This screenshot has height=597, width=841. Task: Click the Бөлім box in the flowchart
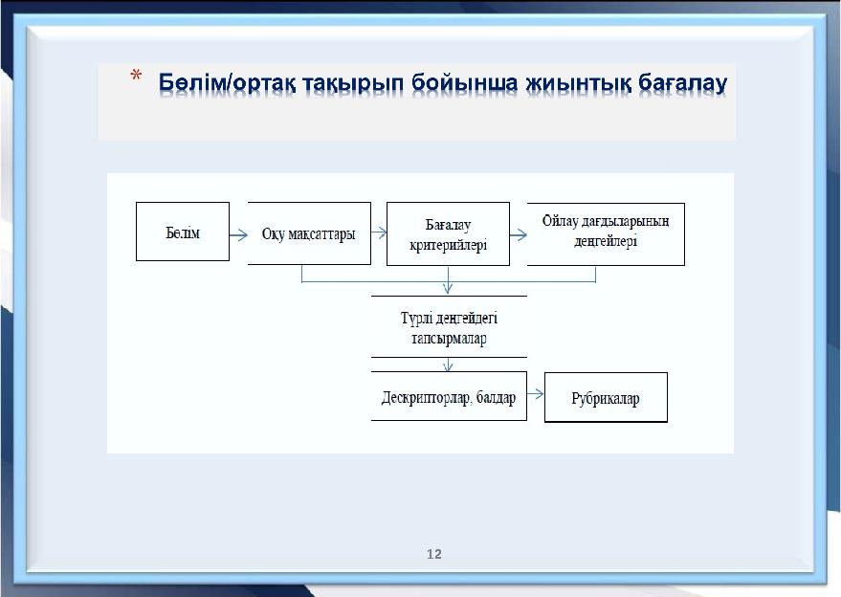pyautogui.click(x=183, y=232)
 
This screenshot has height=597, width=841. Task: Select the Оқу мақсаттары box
pyautogui.click(x=309, y=233)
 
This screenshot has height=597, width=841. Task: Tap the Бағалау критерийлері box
pyautogui.click(x=448, y=233)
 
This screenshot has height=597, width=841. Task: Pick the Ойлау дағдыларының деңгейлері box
pyautogui.click(x=606, y=233)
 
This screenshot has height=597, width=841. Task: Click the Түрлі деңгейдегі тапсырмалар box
pyautogui.click(x=449, y=326)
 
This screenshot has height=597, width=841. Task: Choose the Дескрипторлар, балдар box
pyautogui.click(x=449, y=396)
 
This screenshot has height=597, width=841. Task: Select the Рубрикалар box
pyautogui.click(x=606, y=397)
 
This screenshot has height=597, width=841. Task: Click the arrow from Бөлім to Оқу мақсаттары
pyautogui.click(x=238, y=234)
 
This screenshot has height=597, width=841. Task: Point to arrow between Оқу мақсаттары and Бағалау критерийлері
pyautogui.click(x=379, y=232)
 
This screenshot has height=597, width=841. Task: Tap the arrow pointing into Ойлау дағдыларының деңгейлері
pyautogui.click(x=519, y=234)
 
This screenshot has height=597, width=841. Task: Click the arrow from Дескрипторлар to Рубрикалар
pyautogui.click(x=535, y=394)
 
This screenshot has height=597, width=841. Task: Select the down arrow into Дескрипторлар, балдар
pyautogui.click(x=449, y=365)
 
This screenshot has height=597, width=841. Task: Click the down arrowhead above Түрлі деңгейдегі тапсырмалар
pyautogui.click(x=448, y=288)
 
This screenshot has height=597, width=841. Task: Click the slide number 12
pyautogui.click(x=434, y=554)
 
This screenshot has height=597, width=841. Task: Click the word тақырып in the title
pyautogui.click(x=353, y=84)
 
